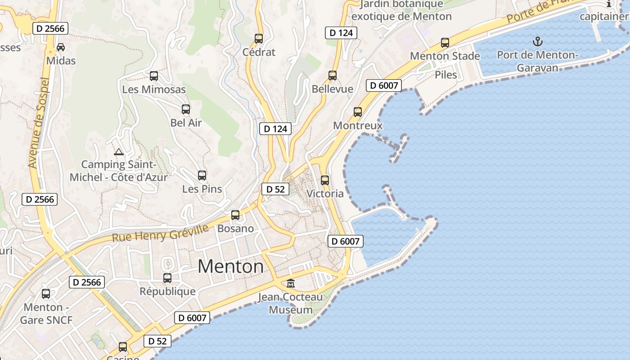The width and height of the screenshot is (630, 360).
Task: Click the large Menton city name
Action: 231,266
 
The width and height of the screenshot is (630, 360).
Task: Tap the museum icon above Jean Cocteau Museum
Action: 291,283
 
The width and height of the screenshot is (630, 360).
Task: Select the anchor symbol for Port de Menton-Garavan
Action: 537,42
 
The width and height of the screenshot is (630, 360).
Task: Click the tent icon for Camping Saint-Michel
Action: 119,152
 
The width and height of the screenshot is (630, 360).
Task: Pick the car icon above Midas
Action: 61,47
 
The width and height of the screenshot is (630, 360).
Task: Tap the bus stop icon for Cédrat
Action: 259,39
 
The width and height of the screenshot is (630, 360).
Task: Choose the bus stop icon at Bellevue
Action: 333,76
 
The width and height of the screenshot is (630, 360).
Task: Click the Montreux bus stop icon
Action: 358,112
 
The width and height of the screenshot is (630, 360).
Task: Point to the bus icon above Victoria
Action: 325,180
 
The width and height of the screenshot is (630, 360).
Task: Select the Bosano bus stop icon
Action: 235,215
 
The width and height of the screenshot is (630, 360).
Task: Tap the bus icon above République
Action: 167,278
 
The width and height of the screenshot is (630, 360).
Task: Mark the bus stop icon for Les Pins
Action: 202,175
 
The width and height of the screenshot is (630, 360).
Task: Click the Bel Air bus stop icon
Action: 186,109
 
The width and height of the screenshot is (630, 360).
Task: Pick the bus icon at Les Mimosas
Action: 154,76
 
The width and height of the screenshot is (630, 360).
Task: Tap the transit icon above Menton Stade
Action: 445,43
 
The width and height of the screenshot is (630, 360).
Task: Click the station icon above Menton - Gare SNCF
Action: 46,294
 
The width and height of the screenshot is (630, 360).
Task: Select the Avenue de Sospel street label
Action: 38,122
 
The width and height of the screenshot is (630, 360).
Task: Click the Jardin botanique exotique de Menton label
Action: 401,10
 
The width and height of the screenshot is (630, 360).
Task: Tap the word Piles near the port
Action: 446,75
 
